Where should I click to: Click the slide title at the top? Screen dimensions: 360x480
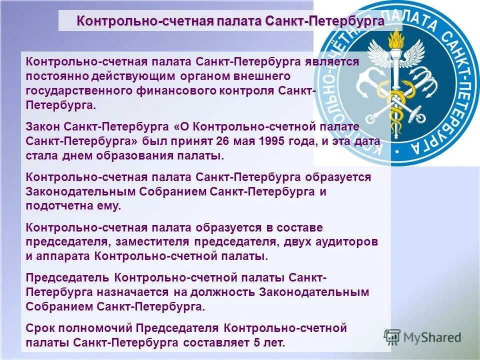pos(230,21)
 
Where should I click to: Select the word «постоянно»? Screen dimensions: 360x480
pos(52,76)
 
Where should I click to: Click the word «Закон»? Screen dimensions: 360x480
pos(42,126)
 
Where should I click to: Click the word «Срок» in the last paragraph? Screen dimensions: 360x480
pos(40,328)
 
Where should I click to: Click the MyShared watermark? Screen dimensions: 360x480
pos(423,337)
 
